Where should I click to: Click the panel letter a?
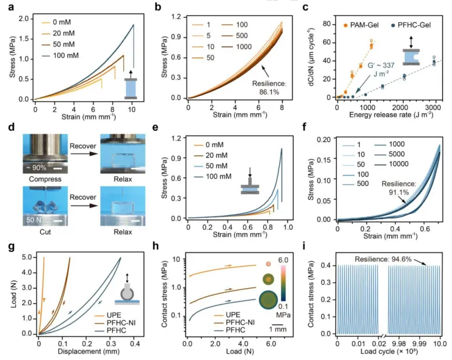[x=7, y=6]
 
